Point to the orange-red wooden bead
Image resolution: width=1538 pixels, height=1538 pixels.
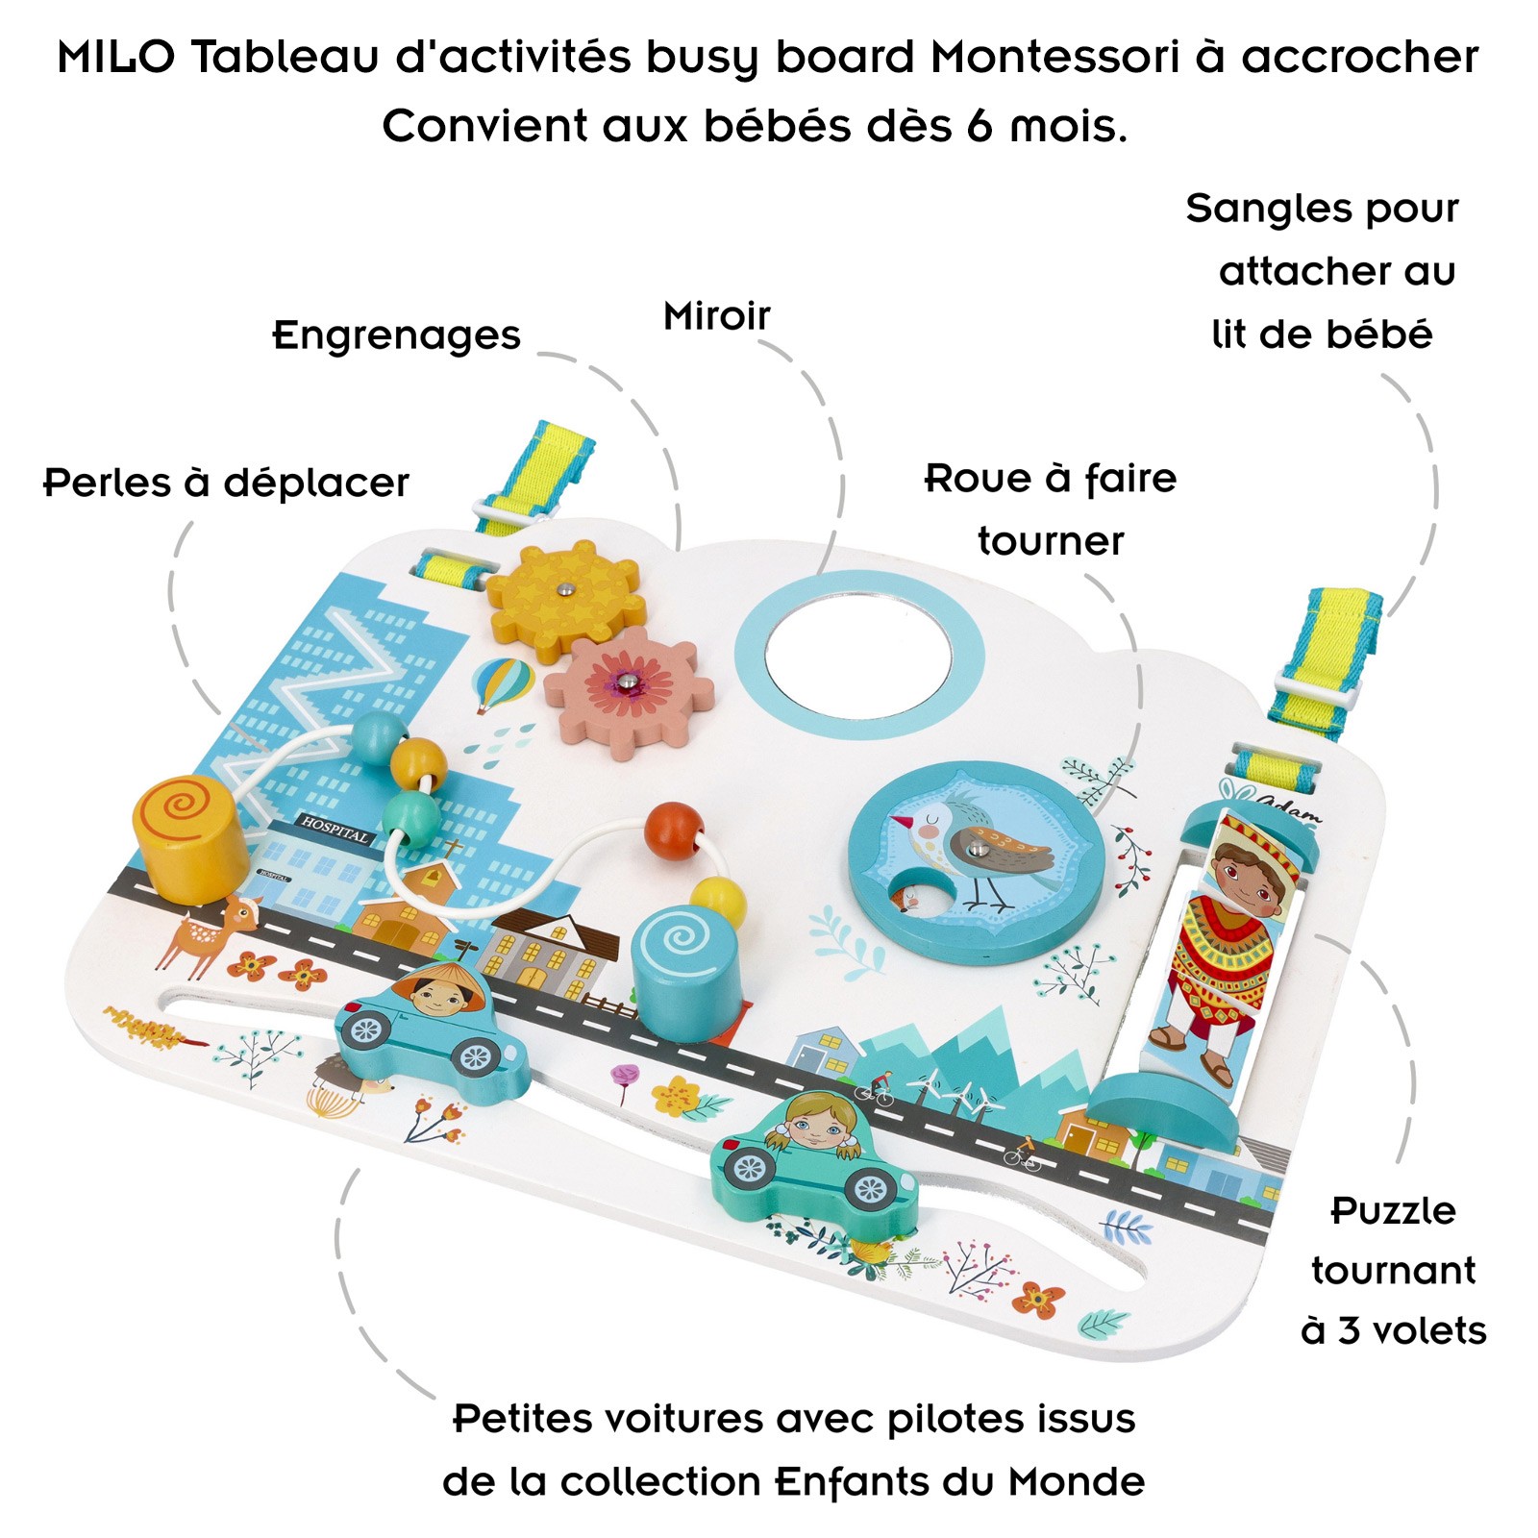pyautogui.click(x=673, y=830)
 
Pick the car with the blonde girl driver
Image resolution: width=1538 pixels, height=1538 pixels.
pyautogui.click(x=813, y=1158)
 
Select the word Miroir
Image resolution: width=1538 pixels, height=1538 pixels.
pyautogui.click(x=716, y=316)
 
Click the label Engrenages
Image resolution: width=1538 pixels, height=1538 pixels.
pyautogui.click(x=396, y=335)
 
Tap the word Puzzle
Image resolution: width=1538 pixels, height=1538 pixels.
pyautogui.click(x=1393, y=1210)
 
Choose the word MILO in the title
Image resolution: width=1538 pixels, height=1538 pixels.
pyautogui.click(x=116, y=57)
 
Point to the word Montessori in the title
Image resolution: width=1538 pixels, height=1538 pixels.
pyautogui.click(x=1054, y=57)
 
